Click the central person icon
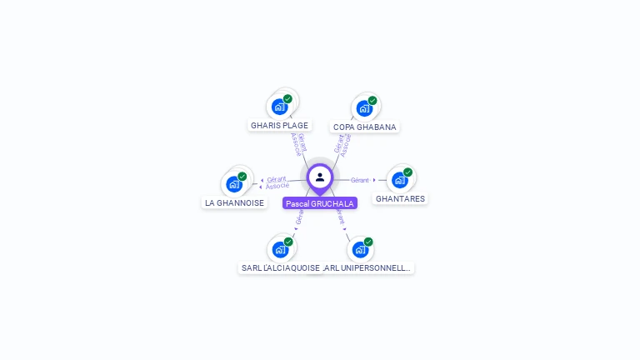click(320, 177)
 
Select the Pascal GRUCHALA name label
click(320, 203)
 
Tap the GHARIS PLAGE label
click(279, 126)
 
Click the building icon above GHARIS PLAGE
click(279, 107)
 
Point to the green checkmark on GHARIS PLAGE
click(287, 99)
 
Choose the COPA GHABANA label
click(364, 127)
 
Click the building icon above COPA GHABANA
click(363, 108)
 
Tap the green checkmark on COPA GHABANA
click(372, 101)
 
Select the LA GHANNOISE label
click(234, 202)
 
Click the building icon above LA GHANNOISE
click(234, 184)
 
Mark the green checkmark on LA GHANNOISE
click(242, 177)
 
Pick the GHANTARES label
click(400, 199)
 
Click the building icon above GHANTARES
click(400, 180)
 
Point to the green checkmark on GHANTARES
click(408, 172)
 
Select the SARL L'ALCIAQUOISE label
click(280, 267)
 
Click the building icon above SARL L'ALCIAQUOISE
click(280, 249)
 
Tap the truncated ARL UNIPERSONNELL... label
click(368, 267)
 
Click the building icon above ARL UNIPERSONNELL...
click(359, 249)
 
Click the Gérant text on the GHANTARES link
click(360, 180)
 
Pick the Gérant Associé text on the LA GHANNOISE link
click(277, 182)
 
